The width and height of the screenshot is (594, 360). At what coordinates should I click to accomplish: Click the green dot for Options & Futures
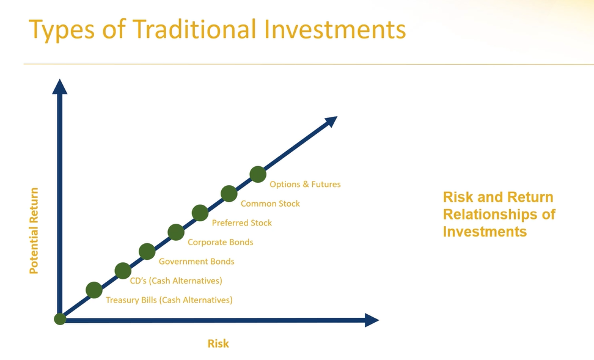(258, 174)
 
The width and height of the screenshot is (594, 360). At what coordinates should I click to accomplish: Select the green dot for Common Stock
(229, 194)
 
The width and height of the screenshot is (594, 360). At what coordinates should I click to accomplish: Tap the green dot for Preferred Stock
(200, 213)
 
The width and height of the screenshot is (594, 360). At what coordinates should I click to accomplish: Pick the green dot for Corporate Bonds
(176, 232)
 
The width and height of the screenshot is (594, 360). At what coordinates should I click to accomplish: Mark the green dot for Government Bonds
(147, 252)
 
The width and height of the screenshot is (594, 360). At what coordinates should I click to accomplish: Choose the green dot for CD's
(123, 271)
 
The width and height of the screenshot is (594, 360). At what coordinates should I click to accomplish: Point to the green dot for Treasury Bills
(94, 290)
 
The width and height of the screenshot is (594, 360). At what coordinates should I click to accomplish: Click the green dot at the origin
(61, 319)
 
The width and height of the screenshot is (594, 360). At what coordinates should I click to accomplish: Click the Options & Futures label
(305, 184)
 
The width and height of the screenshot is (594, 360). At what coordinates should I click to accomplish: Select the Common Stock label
(270, 204)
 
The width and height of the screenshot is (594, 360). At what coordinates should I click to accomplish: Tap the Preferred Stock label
(241, 223)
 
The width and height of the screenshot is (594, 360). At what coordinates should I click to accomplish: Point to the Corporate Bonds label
(221, 242)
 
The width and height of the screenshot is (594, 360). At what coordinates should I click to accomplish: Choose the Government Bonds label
(196, 262)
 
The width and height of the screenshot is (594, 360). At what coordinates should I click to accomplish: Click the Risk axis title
(218, 343)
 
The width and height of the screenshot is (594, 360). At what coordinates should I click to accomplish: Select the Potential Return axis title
(34, 230)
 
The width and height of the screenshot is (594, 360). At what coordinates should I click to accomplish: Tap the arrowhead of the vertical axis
(59, 87)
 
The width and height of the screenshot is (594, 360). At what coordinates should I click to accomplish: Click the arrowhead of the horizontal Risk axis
(372, 320)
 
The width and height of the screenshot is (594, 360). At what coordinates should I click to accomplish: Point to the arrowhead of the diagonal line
(331, 121)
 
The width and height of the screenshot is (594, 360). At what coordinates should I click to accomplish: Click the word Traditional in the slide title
(194, 29)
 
